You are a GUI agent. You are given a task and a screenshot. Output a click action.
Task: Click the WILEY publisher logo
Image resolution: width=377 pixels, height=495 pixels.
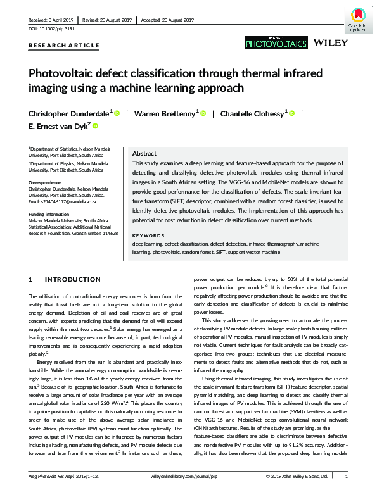[330, 43]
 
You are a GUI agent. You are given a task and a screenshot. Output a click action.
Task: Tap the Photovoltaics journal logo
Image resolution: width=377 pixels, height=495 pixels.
[276, 42]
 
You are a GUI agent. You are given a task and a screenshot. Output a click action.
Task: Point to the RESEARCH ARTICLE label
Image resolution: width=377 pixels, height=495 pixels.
[64, 46]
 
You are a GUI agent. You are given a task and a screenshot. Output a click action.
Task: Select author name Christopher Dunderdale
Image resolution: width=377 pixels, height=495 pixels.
[70, 114]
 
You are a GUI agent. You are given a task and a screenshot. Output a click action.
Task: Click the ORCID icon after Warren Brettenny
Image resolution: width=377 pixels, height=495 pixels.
[204, 114]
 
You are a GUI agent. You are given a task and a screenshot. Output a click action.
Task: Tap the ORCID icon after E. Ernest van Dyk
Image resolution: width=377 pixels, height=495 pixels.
[96, 127]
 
